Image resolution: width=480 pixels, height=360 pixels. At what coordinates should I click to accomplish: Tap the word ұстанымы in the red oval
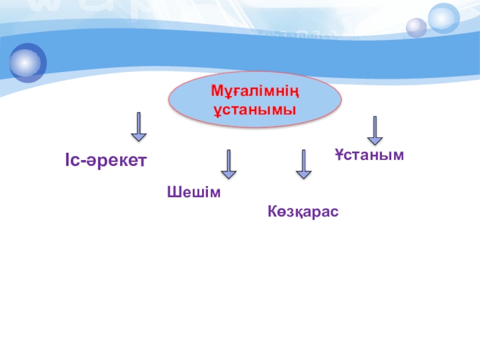(x=256, y=110)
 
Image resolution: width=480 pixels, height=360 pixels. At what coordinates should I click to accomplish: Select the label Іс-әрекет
(x=106, y=161)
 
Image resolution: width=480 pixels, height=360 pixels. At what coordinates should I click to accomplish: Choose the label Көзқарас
(x=303, y=211)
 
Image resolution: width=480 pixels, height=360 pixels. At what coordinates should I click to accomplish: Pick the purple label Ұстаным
(x=370, y=155)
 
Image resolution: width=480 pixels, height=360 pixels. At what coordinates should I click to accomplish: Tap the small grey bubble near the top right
(x=416, y=27)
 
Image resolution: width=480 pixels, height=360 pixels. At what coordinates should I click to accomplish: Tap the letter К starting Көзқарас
(x=272, y=211)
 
